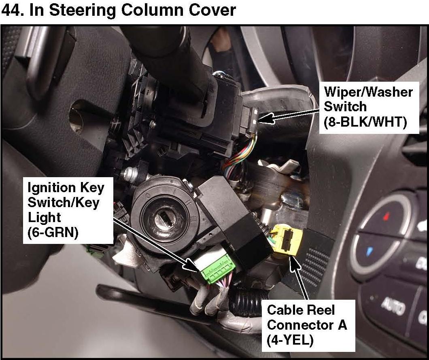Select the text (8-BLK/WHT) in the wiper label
click(365, 122)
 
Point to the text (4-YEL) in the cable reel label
click(290, 340)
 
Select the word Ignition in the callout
click(52, 188)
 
